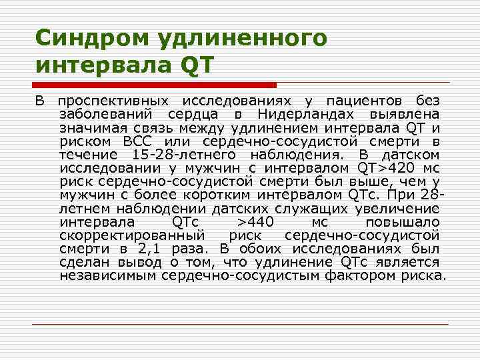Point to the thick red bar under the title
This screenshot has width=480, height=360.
[155, 85]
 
